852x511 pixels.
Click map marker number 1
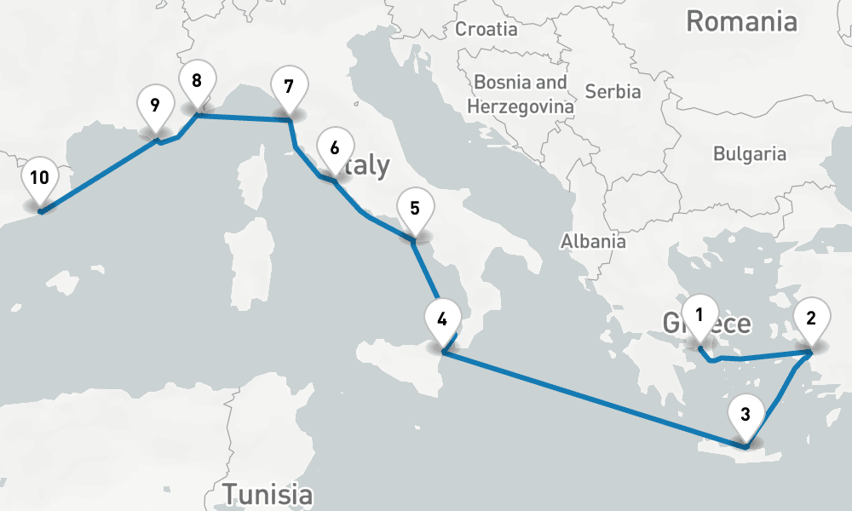point(699,314)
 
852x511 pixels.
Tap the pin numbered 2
point(811,319)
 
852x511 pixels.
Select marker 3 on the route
point(745,416)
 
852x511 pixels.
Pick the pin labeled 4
point(441,320)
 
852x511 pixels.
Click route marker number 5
point(414,209)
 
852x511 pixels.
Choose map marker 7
point(288,87)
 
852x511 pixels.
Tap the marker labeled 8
point(197,82)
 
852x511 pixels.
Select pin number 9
point(154,106)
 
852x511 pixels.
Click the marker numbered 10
point(39,178)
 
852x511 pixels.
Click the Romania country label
point(741,22)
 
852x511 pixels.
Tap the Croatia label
point(486,29)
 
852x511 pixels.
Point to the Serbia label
point(613,91)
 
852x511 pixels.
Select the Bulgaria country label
point(750,154)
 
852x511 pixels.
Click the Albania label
point(593,241)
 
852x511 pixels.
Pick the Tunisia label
point(267,493)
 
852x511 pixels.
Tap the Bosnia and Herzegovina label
point(521,95)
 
